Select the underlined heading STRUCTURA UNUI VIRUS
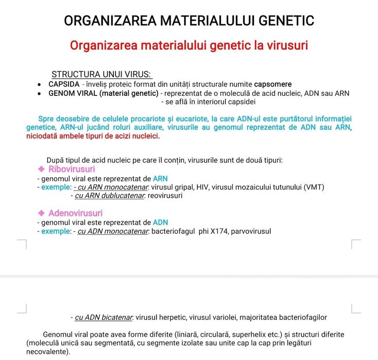click(101, 75)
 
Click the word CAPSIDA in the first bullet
click(64, 84)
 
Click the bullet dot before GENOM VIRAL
click(40, 94)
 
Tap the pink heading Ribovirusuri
click(72, 169)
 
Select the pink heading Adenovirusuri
click(75, 213)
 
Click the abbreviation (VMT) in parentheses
click(313, 187)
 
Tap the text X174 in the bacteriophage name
click(218, 231)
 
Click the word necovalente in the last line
click(47, 352)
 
